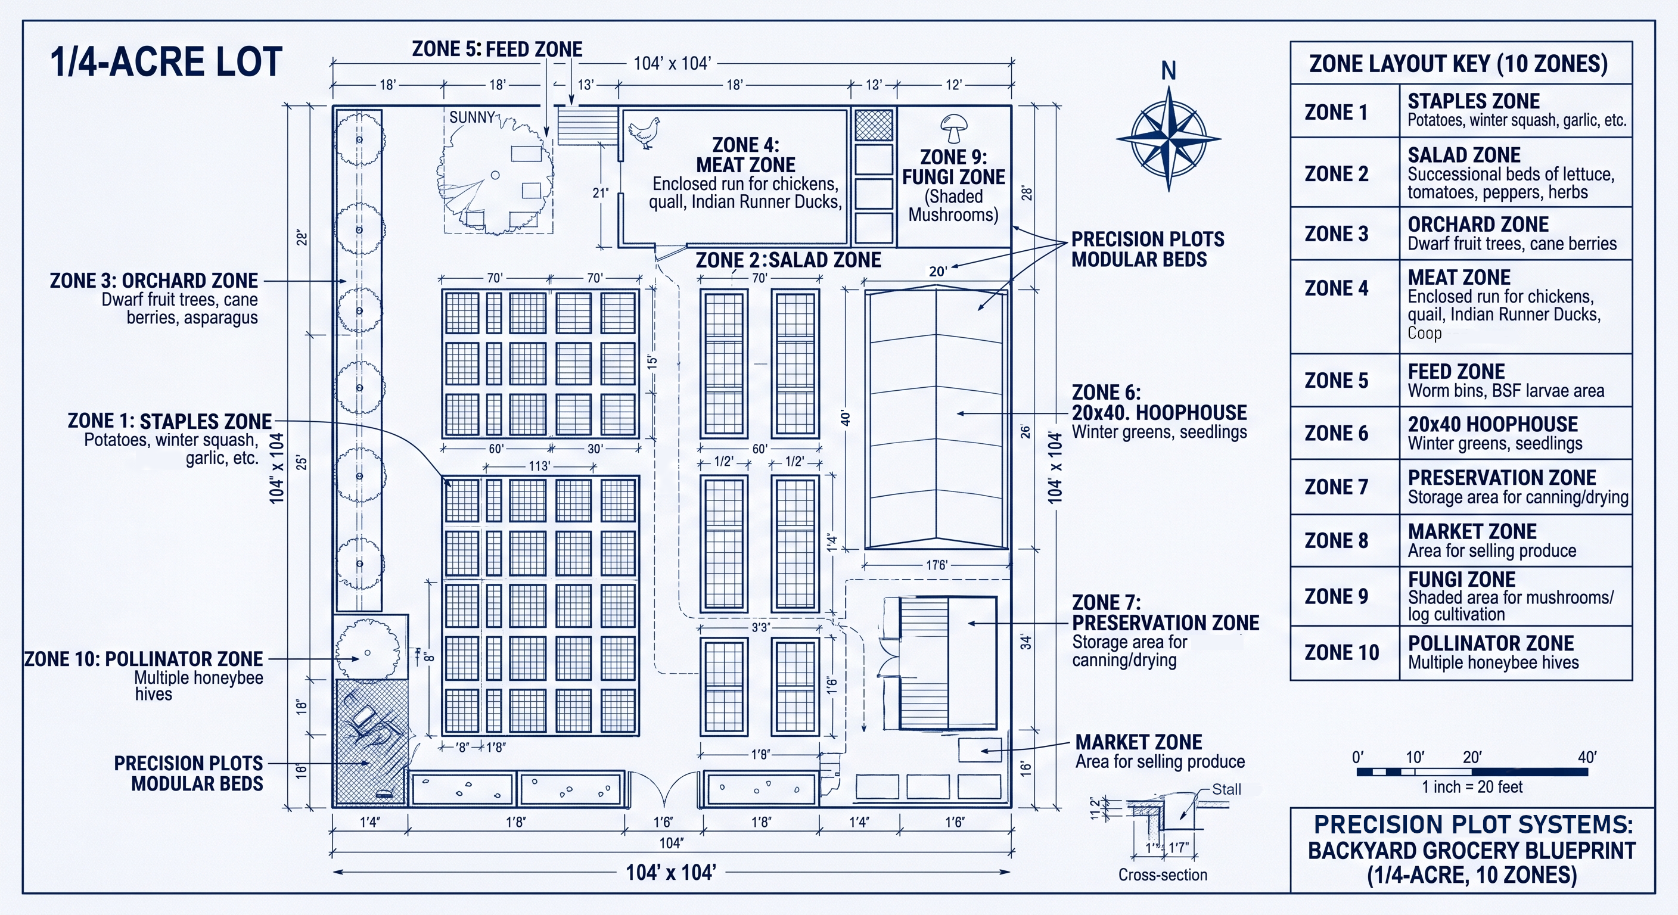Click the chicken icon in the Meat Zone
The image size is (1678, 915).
pyautogui.click(x=644, y=133)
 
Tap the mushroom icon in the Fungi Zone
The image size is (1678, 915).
pyautogui.click(x=953, y=128)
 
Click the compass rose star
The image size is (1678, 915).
pyautogui.click(x=1169, y=139)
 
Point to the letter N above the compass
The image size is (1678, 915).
pyautogui.click(x=1169, y=70)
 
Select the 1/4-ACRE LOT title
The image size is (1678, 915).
pyautogui.click(x=166, y=62)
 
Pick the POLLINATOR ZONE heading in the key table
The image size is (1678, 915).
pyautogui.click(x=1490, y=643)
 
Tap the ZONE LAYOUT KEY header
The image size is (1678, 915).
pyautogui.click(x=1459, y=64)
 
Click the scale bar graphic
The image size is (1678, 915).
pyautogui.click(x=1472, y=771)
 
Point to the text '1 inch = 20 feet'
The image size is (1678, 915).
pyautogui.click(x=1472, y=787)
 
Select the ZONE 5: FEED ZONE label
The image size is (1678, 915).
pyautogui.click(x=497, y=49)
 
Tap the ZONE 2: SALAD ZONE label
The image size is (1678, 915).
pyautogui.click(x=788, y=260)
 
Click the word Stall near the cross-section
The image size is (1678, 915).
pyautogui.click(x=1226, y=789)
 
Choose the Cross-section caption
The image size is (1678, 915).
pyautogui.click(x=1163, y=874)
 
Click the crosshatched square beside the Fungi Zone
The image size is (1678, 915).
pyautogui.click(x=874, y=125)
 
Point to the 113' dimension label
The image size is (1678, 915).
pyautogui.click(x=539, y=466)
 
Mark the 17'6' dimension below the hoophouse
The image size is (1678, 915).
pyautogui.click(x=936, y=565)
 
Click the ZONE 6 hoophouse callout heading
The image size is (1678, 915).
pyautogui.click(x=1159, y=403)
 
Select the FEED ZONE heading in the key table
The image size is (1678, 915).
pyautogui.click(x=1456, y=371)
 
